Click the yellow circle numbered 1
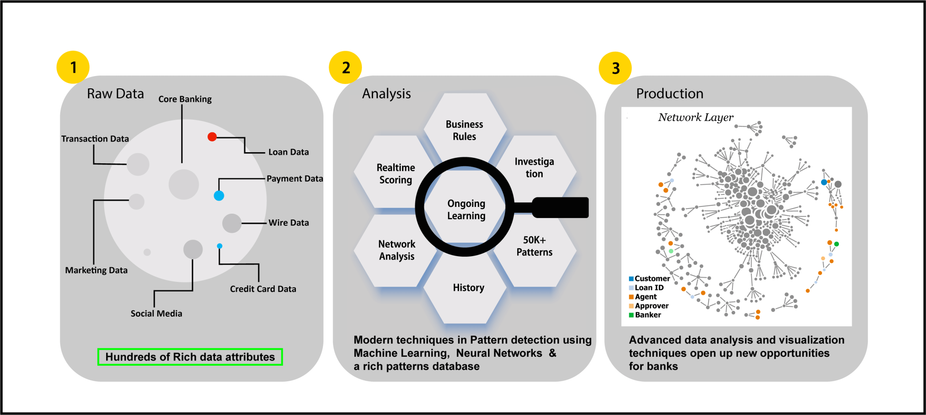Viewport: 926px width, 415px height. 73,67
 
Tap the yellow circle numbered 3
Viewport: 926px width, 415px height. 615,68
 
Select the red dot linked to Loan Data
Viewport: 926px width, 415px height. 212,137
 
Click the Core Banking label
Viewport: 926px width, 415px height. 185,99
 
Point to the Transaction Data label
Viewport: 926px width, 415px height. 95,139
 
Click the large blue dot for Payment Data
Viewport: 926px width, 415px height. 219,195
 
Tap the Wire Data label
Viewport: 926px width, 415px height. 288,223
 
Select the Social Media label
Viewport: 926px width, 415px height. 156,314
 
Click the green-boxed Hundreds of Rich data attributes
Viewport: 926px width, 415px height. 190,357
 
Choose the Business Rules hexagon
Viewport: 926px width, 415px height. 465,130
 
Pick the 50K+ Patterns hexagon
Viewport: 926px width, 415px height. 534,246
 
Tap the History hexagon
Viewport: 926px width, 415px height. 469,288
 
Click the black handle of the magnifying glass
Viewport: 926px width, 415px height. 560,207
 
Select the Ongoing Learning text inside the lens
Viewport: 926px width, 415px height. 466,210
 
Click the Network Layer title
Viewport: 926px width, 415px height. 695,117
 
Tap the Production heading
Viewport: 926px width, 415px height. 670,94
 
